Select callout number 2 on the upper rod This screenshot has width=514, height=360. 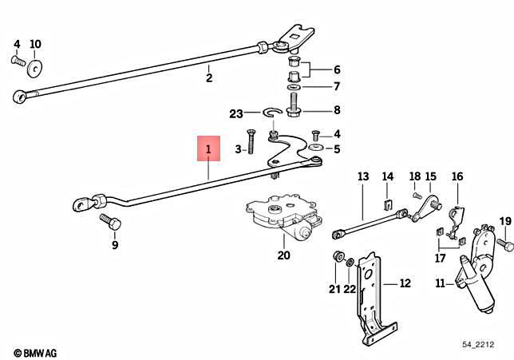[209, 77]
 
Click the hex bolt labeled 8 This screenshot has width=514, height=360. [294, 104]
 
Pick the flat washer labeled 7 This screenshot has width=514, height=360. [293, 85]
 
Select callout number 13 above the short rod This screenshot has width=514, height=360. [362, 176]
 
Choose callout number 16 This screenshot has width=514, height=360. [457, 176]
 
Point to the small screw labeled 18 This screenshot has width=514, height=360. [417, 193]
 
